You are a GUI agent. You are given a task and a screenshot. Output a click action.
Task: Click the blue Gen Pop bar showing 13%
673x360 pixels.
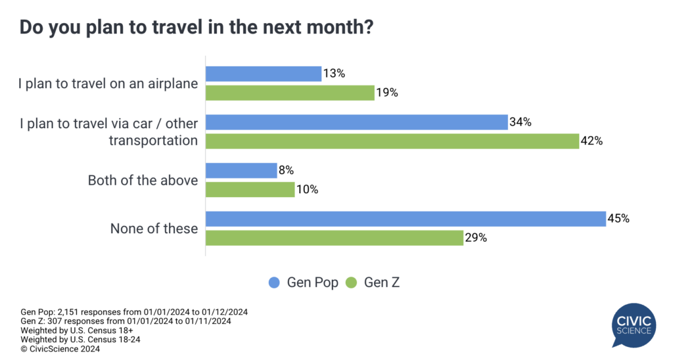pos(264,74)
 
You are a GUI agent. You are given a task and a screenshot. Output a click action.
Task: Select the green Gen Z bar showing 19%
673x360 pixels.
pos(290,93)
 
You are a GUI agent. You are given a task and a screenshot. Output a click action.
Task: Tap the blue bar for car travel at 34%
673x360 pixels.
pos(357,122)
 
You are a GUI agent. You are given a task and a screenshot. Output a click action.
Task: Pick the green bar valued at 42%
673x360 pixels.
pos(392,141)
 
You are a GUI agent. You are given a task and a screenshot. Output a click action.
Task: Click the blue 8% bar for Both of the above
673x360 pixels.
pos(241,171)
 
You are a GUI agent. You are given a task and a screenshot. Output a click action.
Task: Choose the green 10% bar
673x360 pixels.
pos(250,189)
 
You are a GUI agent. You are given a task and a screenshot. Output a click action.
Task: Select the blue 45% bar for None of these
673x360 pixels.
pos(406,219)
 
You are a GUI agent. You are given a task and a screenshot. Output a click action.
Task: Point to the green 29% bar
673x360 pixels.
pos(335,238)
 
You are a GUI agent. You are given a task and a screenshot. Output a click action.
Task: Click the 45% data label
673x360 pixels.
pos(619,219)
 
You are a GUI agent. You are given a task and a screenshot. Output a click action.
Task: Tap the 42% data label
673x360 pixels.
pos(592,141)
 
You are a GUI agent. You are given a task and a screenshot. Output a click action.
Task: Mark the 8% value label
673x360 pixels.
pos(286,171)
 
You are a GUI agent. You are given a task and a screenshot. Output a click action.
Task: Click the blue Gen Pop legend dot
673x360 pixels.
pos(275,282)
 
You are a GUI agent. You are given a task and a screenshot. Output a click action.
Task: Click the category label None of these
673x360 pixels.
pos(154,229)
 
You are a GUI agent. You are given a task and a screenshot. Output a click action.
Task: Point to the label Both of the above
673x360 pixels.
pos(143,180)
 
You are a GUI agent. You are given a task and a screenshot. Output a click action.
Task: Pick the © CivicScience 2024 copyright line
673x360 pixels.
pos(60,349)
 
